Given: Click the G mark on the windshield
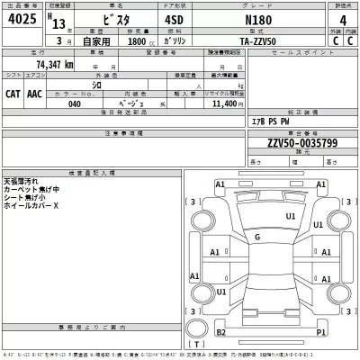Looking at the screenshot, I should (257, 238).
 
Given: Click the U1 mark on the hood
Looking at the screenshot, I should (291, 216).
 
